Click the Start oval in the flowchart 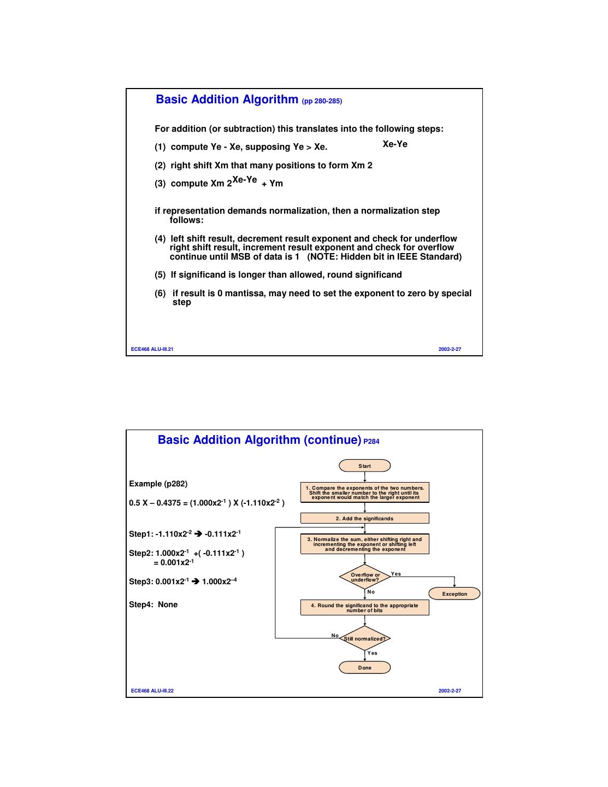364,466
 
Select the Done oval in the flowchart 364,667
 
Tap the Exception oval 454,594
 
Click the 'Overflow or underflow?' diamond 365,577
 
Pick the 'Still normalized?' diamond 365,638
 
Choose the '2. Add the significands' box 364,518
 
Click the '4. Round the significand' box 364,607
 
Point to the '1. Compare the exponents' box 364,492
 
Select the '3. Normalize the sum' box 364,544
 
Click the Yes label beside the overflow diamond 396,574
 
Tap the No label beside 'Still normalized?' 335,636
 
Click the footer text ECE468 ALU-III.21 152,349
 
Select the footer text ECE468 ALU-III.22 152,691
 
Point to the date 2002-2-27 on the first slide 450,349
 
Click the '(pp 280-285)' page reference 322,101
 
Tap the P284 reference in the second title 371,442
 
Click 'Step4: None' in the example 154,604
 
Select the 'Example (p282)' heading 158,484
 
